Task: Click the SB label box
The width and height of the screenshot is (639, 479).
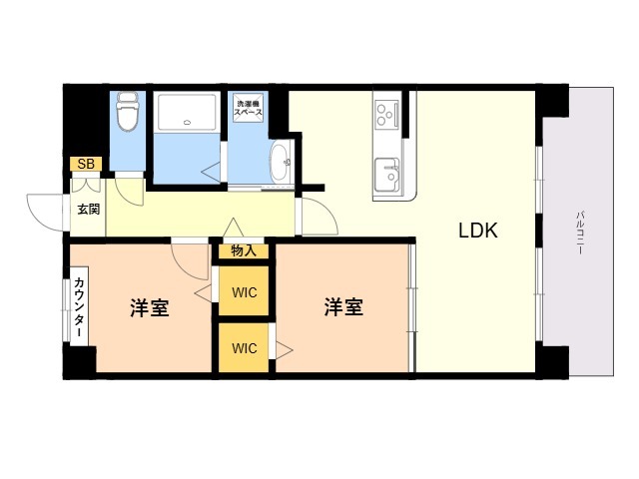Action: pos(86,164)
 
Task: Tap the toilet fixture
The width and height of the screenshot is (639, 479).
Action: pos(127,111)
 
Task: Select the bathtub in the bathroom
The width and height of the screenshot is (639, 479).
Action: pos(187,113)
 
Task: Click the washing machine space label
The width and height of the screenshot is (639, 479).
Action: pos(248,108)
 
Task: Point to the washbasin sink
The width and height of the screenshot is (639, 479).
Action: pos(281,163)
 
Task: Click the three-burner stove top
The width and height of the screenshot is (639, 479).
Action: pos(385,115)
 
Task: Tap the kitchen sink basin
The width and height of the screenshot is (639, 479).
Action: pos(386,175)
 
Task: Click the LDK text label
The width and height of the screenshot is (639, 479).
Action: pos(478,231)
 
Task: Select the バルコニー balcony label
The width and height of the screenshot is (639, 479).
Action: pos(580,233)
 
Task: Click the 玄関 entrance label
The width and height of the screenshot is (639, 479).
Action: pos(89,210)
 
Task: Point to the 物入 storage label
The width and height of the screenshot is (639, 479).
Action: pos(244,251)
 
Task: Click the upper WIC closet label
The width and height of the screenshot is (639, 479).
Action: pos(245,292)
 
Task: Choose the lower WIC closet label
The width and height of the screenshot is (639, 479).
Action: pos(245,348)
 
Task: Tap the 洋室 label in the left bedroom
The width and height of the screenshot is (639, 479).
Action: pos(150,307)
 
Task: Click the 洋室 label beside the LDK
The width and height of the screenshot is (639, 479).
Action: pos(343,306)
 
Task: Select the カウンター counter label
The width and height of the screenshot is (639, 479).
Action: pos(80,307)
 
